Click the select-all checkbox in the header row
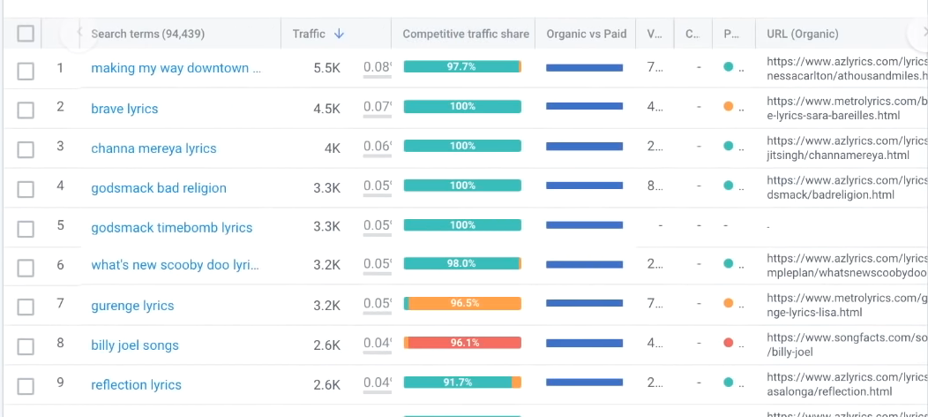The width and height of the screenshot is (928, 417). (x=26, y=34)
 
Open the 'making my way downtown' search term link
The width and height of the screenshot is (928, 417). (x=176, y=68)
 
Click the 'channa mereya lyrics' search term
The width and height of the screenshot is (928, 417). (x=153, y=148)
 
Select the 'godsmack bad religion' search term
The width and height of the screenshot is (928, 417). (x=159, y=188)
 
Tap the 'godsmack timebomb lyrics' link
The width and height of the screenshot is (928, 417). (x=171, y=228)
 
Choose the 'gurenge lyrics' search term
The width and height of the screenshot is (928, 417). (x=132, y=306)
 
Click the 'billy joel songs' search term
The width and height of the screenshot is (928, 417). (x=135, y=345)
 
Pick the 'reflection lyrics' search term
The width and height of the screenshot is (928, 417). (x=136, y=385)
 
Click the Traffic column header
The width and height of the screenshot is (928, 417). (x=309, y=34)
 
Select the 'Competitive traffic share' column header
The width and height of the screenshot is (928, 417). (x=466, y=34)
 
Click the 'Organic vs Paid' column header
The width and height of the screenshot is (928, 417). (x=586, y=34)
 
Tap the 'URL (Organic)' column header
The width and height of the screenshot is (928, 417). (x=802, y=34)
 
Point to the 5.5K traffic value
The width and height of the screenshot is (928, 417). (x=326, y=68)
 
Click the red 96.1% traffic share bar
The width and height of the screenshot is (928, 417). (x=463, y=343)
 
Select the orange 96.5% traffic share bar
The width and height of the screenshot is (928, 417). (x=463, y=303)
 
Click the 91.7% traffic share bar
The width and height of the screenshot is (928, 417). (x=462, y=383)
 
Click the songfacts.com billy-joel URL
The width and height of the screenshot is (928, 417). (x=846, y=345)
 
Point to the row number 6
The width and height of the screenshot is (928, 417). (x=60, y=265)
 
